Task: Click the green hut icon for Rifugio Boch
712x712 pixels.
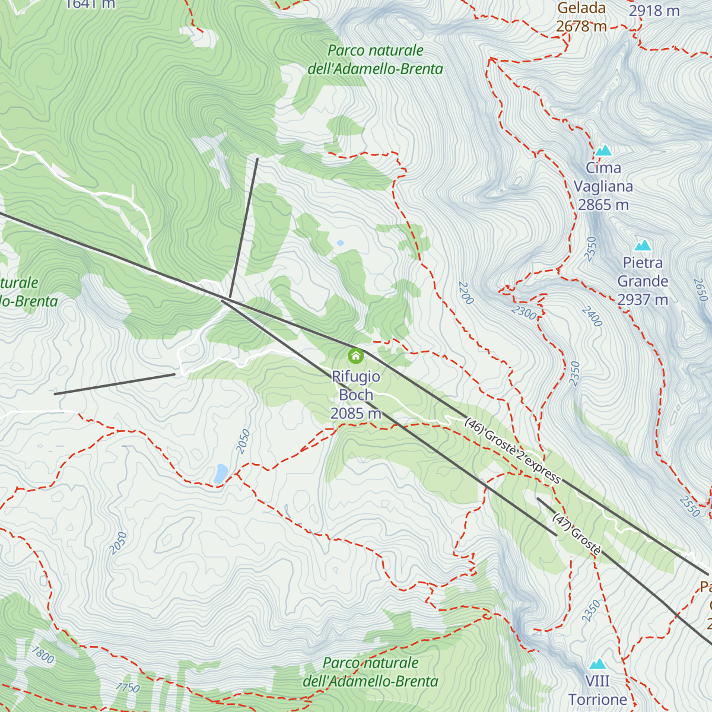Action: (355, 356)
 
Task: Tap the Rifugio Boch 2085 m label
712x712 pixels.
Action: (356, 395)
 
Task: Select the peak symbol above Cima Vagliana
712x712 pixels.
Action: (603, 151)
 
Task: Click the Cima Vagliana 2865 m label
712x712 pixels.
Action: (603, 186)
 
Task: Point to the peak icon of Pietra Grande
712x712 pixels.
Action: (643, 246)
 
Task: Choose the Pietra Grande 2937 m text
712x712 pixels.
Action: (643, 281)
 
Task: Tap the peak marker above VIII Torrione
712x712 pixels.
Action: (597, 663)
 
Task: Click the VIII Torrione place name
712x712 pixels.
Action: (597, 691)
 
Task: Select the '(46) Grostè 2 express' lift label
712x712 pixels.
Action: (513, 451)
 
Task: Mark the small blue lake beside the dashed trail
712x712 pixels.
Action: (221, 473)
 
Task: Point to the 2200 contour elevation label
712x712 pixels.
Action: (466, 293)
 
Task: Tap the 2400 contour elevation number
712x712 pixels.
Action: (592, 316)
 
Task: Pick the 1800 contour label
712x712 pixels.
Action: (43, 655)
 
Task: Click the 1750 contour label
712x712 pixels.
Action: (128, 688)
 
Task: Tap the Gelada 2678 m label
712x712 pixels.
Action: (581, 17)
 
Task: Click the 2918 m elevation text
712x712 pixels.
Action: (654, 11)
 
